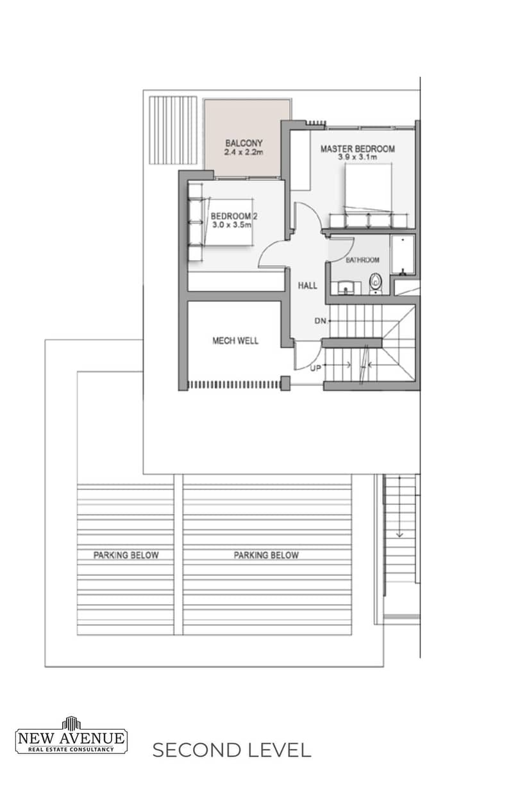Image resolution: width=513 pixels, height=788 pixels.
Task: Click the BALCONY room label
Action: tap(244, 144)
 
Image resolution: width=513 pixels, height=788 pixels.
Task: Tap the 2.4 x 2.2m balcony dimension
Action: tap(244, 152)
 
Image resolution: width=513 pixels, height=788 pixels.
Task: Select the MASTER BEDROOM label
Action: tap(357, 149)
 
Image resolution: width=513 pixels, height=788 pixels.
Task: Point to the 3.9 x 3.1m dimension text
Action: tap(357, 157)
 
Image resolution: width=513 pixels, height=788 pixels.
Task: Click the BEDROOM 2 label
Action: tap(234, 216)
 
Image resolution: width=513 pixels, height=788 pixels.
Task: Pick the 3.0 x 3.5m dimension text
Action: tap(231, 225)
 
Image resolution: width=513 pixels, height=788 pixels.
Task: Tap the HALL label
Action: tap(307, 286)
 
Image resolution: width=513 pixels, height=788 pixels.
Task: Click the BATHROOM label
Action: tap(362, 260)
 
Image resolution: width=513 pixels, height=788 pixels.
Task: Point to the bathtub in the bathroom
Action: tap(402, 255)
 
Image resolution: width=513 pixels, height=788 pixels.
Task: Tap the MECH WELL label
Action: tap(235, 341)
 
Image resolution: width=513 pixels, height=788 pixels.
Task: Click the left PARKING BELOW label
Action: tap(126, 555)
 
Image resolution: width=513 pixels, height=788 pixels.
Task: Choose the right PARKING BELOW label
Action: tap(266, 555)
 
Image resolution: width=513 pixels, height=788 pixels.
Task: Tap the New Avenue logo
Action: tap(71, 735)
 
